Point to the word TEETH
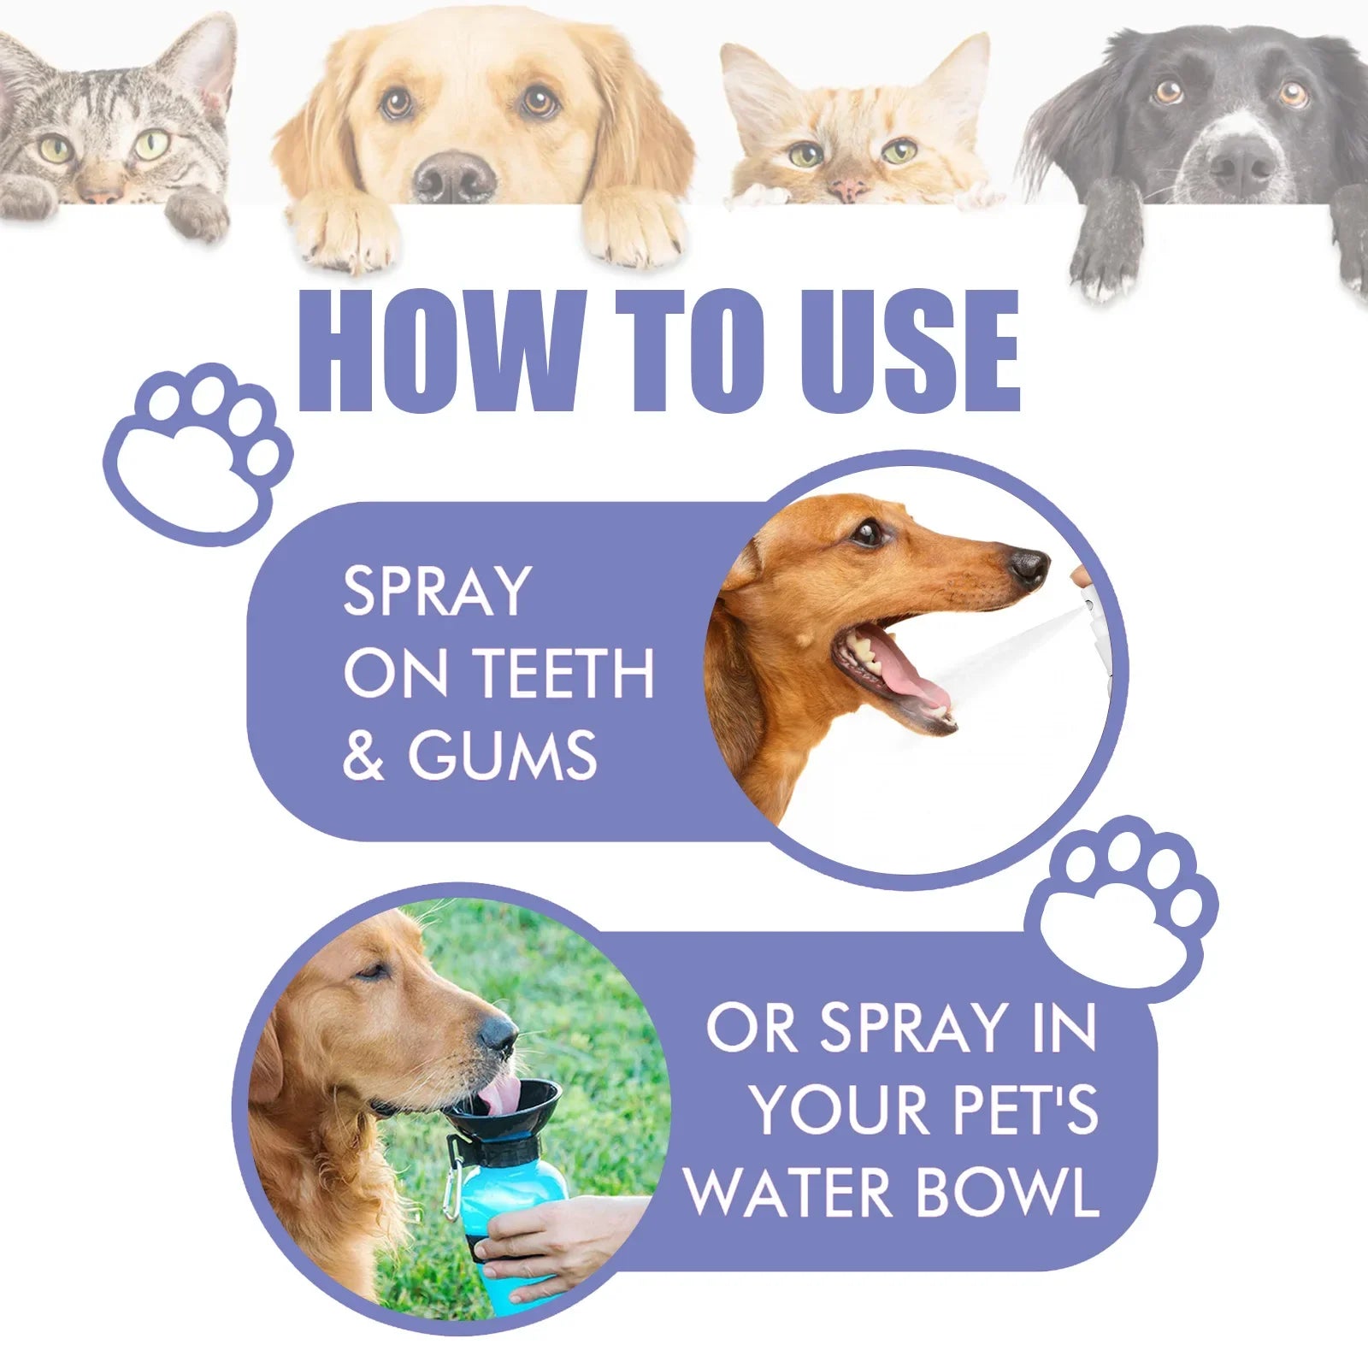pyautogui.click(x=564, y=673)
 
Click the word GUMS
pyautogui.click(x=503, y=755)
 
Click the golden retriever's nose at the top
pyautogui.click(x=454, y=175)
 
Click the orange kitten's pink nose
pyautogui.click(x=847, y=188)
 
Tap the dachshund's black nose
pyautogui.click(x=1028, y=566)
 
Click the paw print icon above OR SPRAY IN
pyautogui.click(x=1121, y=906)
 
